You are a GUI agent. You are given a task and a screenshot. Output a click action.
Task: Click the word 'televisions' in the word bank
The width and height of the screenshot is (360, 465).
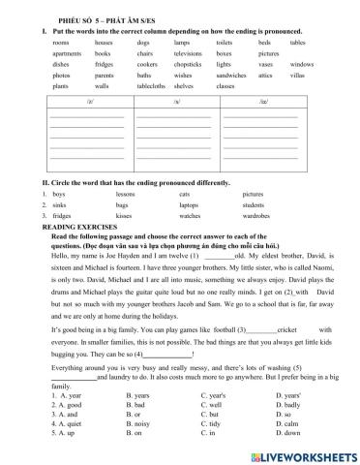tap(190, 53)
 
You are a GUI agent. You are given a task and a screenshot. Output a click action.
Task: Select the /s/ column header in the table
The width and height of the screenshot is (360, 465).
tap(177, 100)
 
